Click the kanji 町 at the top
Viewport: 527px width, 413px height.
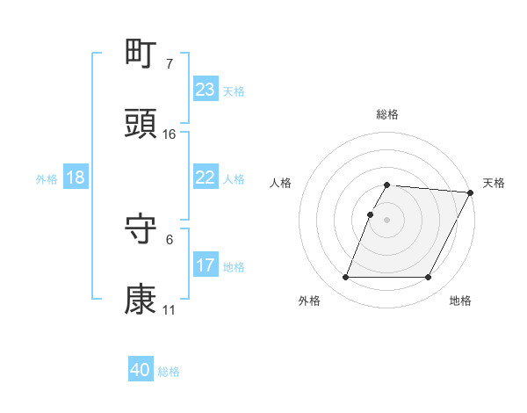click(141, 54)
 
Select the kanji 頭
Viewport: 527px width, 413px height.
click(141, 125)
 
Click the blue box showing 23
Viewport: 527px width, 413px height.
click(206, 90)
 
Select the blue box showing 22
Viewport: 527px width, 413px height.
click(206, 178)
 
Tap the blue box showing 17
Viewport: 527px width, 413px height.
click(206, 265)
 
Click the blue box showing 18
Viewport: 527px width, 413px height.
click(76, 178)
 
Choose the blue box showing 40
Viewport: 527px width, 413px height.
click(141, 371)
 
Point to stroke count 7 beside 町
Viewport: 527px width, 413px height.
click(169, 64)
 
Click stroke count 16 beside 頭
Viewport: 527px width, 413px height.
click(170, 134)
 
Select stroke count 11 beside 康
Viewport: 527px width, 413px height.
click(169, 310)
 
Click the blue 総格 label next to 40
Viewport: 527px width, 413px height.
click(169, 372)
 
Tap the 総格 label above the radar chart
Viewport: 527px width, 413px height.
click(387, 114)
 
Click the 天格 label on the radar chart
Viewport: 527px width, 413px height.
click(494, 183)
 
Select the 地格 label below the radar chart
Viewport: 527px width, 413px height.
click(460, 301)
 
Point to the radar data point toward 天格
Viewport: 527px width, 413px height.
click(470, 192)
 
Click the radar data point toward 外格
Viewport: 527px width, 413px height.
click(345, 278)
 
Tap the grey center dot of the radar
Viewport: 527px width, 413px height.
click(387, 220)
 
